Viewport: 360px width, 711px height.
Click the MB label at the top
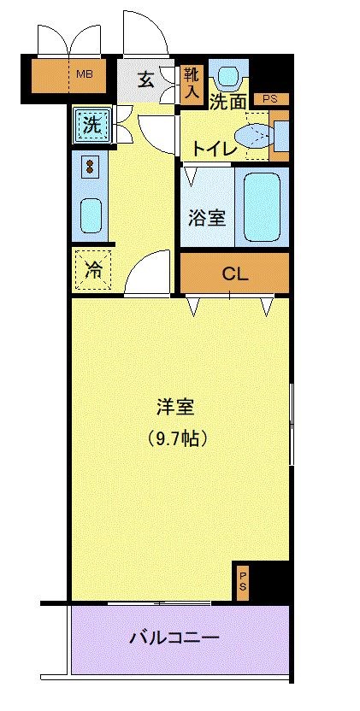click(x=84, y=74)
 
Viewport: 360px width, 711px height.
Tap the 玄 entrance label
click(x=146, y=80)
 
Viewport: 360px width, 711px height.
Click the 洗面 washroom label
click(x=228, y=101)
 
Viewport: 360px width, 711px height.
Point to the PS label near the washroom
click(x=270, y=99)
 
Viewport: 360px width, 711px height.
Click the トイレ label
click(x=213, y=147)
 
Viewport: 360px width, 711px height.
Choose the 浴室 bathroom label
click(x=207, y=217)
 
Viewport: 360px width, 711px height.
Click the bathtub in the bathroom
click(x=263, y=207)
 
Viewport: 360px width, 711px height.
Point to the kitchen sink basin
click(x=91, y=214)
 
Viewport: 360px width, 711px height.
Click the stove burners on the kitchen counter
click(x=90, y=164)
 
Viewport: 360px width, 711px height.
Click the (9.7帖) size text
click(x=179, y=440)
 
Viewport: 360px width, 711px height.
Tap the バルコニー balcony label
click(x=175, y=638)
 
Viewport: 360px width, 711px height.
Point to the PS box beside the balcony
click(x=243, y=584)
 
